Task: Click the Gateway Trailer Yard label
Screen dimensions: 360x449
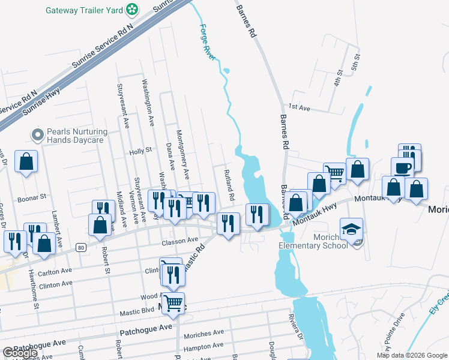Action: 85,10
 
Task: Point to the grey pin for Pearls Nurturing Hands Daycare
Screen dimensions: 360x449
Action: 39,135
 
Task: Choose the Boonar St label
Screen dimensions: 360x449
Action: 32,197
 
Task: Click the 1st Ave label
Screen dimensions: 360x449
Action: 298,107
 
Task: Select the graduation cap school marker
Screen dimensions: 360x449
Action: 351,228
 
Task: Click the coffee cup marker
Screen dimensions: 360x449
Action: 402,168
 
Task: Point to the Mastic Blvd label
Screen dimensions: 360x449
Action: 139,311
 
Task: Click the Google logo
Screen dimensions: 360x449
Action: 20,353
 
